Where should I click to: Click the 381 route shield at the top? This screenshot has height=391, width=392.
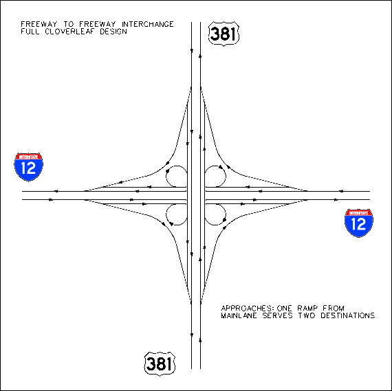tap(224, 34)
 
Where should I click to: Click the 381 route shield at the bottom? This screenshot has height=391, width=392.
tap(160, 364)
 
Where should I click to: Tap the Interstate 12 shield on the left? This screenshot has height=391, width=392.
tap(28, 167)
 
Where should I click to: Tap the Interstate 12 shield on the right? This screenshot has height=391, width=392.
tap(359, 223)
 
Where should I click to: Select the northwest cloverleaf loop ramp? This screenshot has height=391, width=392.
tap(166, 176)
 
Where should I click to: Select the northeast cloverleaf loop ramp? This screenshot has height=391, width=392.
tap(226, 176)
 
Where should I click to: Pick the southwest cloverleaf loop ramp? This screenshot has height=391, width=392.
tap(166, 215)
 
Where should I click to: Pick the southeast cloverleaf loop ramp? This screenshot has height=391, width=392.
tap(226, 215)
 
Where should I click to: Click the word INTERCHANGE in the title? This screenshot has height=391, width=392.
tap(147, 24)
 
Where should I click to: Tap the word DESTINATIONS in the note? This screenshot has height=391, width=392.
tap(347, 315)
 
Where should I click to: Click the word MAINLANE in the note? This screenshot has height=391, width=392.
tap(239, 315)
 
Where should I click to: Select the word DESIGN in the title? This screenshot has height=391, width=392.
tap(113, 32)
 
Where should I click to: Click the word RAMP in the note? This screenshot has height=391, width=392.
tap(307, 309)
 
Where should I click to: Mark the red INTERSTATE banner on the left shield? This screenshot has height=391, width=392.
tap(28, 157)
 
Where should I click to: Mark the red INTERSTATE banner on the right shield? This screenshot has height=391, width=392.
tap(359, 213)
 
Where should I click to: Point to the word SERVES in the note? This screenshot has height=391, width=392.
tap(277, 315)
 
